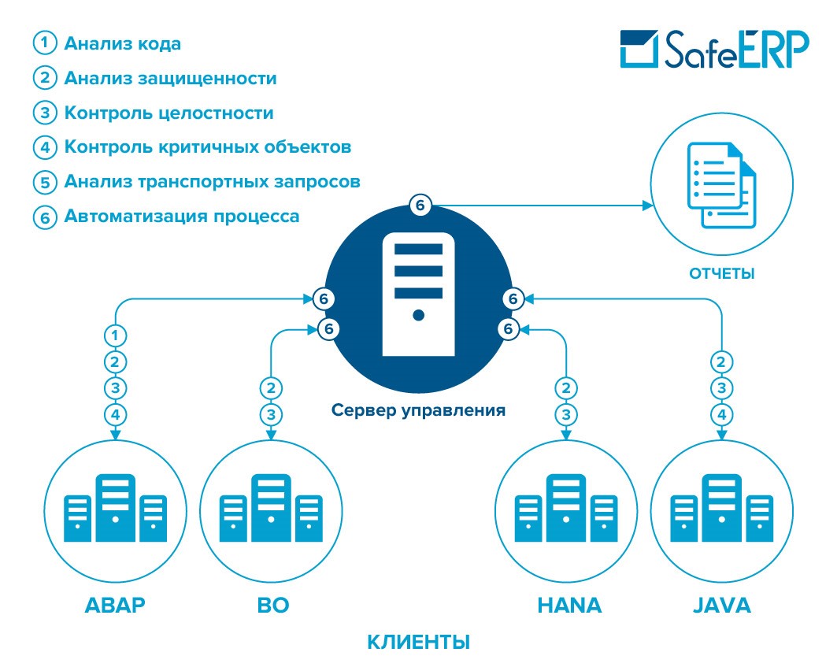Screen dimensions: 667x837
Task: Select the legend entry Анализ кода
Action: [x=122, y=43]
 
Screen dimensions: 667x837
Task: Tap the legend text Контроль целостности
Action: [x=169, y=113]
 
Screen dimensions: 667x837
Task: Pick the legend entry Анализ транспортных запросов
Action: [x=212, y=182]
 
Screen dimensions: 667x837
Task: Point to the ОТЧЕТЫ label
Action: [x=721, y=274]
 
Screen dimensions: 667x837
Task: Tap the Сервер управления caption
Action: [x=418, y=410]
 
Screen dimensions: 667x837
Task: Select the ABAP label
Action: [x=116, y=606]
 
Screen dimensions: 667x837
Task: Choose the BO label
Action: [x=272, y=606]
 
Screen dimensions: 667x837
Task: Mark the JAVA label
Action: [x=721, y=606]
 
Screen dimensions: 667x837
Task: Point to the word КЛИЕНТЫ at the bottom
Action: [x=418, y=642]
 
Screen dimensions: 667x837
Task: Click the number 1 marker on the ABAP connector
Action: [x=116, y=335]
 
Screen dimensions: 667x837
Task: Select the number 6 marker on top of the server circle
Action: [x=420, y=206]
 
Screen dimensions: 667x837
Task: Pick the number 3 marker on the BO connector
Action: [x=271, y=414]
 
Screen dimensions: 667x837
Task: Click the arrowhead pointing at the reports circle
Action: [x=648, y=206]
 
